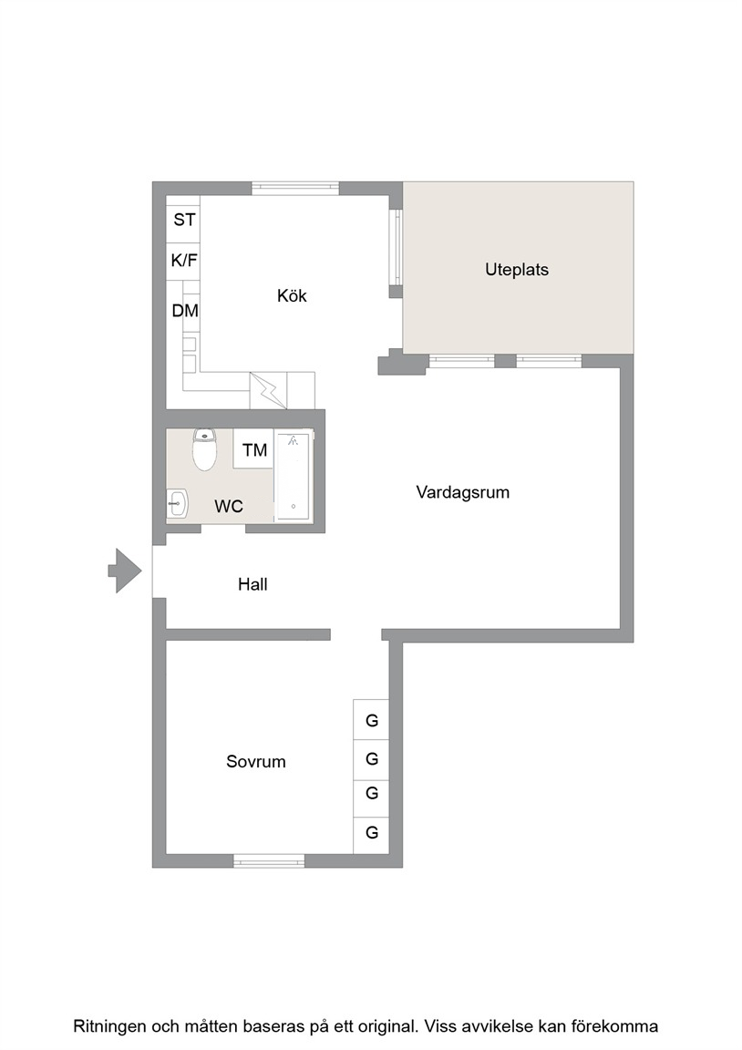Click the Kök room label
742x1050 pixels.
292,295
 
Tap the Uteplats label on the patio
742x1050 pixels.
517,270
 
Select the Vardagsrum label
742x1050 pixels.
463,492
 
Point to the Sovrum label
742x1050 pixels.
256,761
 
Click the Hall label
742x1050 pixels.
252,584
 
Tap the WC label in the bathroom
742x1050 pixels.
229,506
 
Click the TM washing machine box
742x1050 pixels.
253,449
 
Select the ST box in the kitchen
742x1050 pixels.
183,220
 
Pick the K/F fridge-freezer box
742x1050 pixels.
183,260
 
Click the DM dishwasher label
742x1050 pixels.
185,311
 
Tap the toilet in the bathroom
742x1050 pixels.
204,448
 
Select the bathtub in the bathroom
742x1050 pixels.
294,476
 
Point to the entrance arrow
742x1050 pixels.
125,571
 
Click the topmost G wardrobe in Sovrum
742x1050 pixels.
371,720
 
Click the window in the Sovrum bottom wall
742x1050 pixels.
269,861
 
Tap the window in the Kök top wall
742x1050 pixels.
295,188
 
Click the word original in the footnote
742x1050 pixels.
388,1026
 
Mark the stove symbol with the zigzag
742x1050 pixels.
268,390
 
